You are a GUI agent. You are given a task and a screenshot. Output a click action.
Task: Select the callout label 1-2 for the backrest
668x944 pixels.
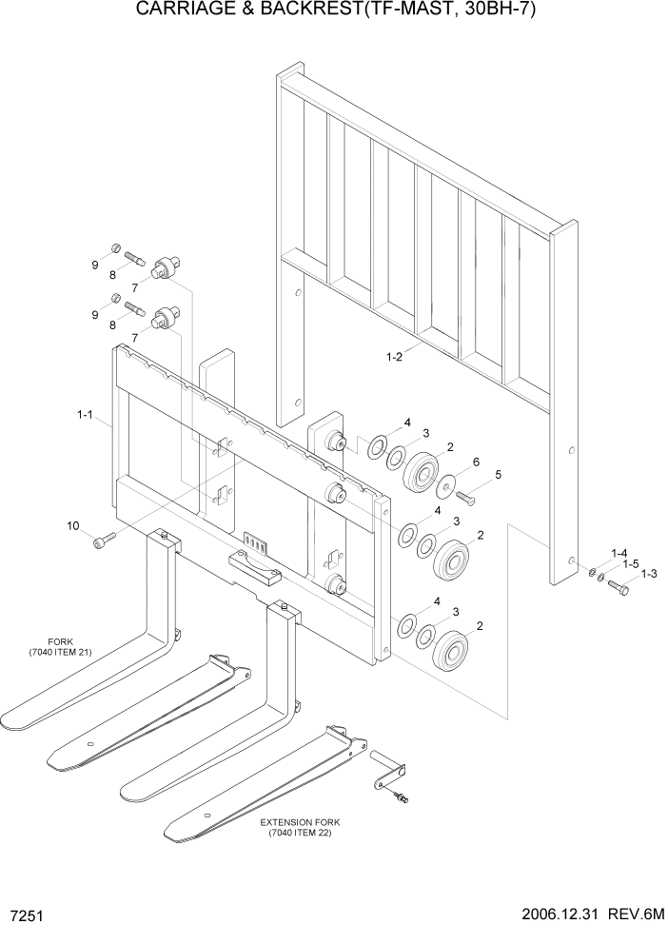pyautogui.click(x=393, y=357)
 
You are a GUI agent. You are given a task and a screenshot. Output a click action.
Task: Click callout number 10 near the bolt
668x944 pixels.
pyautogui.click(x=72, y=525)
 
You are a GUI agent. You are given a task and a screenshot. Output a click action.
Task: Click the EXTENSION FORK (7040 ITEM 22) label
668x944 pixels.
pyautogui.click(x=302, y=826)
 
